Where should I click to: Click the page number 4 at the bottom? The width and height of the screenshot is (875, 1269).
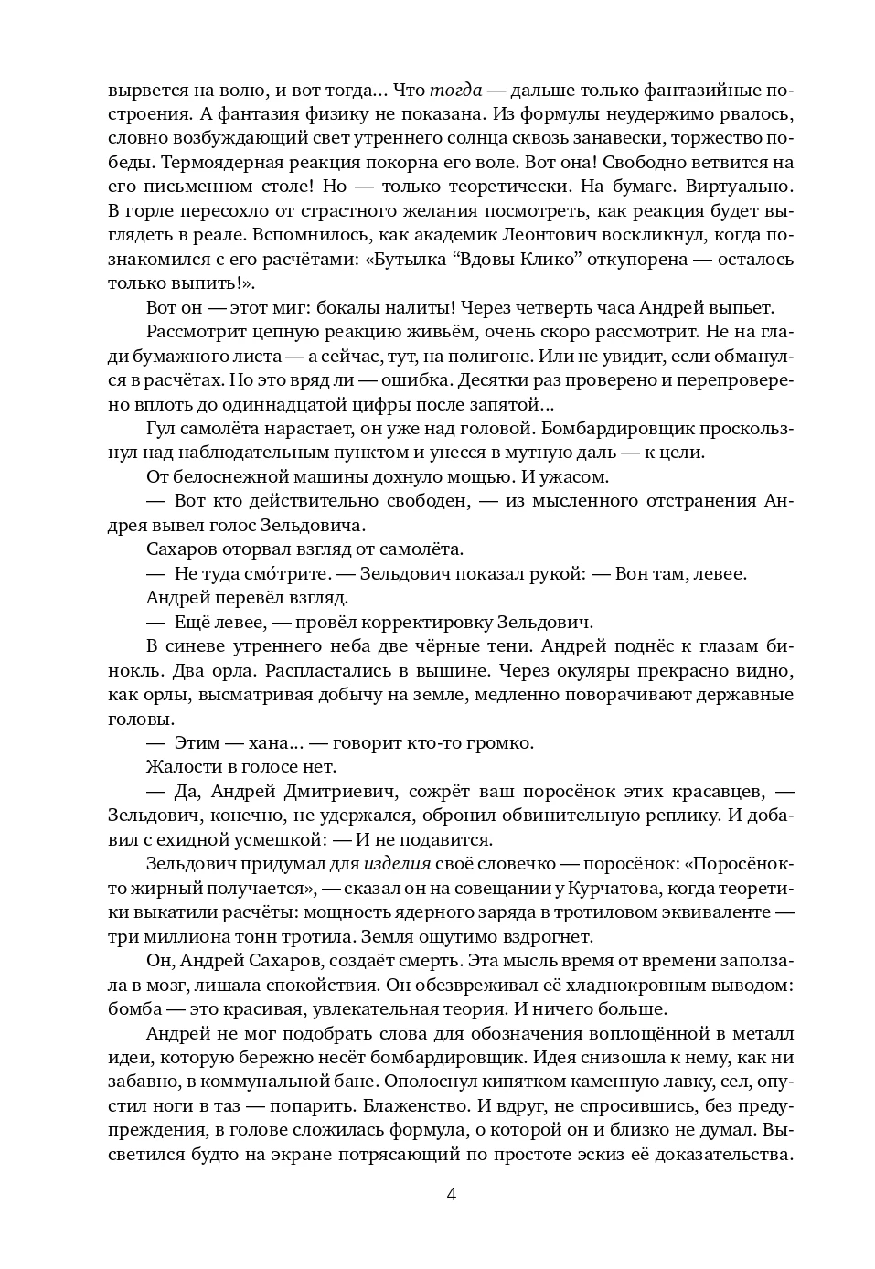451,1194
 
